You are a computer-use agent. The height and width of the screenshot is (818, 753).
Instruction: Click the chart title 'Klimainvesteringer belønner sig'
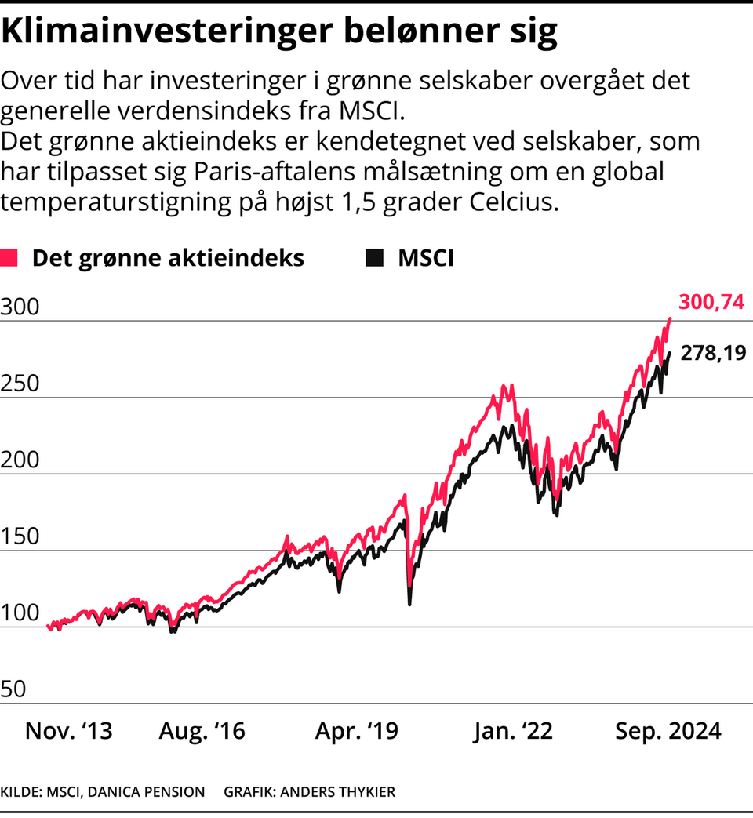279,32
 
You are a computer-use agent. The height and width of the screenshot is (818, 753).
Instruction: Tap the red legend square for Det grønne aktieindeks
9,258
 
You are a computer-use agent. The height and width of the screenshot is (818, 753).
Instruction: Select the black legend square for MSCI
375,258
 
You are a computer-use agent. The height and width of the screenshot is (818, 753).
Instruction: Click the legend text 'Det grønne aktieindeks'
168,258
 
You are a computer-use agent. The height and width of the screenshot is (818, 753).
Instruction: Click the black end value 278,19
712,354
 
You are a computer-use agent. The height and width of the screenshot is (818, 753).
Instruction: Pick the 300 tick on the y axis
20,307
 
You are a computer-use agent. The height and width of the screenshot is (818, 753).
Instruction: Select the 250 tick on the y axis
20,384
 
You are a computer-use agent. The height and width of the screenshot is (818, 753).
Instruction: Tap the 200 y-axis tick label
20,460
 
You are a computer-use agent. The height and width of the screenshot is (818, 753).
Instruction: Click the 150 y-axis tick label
20,536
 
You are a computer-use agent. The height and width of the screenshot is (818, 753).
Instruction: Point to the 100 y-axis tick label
20,613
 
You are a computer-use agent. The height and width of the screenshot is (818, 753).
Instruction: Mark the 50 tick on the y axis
15,689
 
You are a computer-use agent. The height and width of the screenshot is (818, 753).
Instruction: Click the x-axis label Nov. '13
69,732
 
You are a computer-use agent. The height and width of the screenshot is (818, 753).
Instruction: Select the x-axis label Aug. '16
202,732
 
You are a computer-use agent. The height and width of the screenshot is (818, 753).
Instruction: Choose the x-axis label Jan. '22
513,732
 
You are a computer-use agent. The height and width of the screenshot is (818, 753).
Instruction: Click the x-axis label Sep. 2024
668,732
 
